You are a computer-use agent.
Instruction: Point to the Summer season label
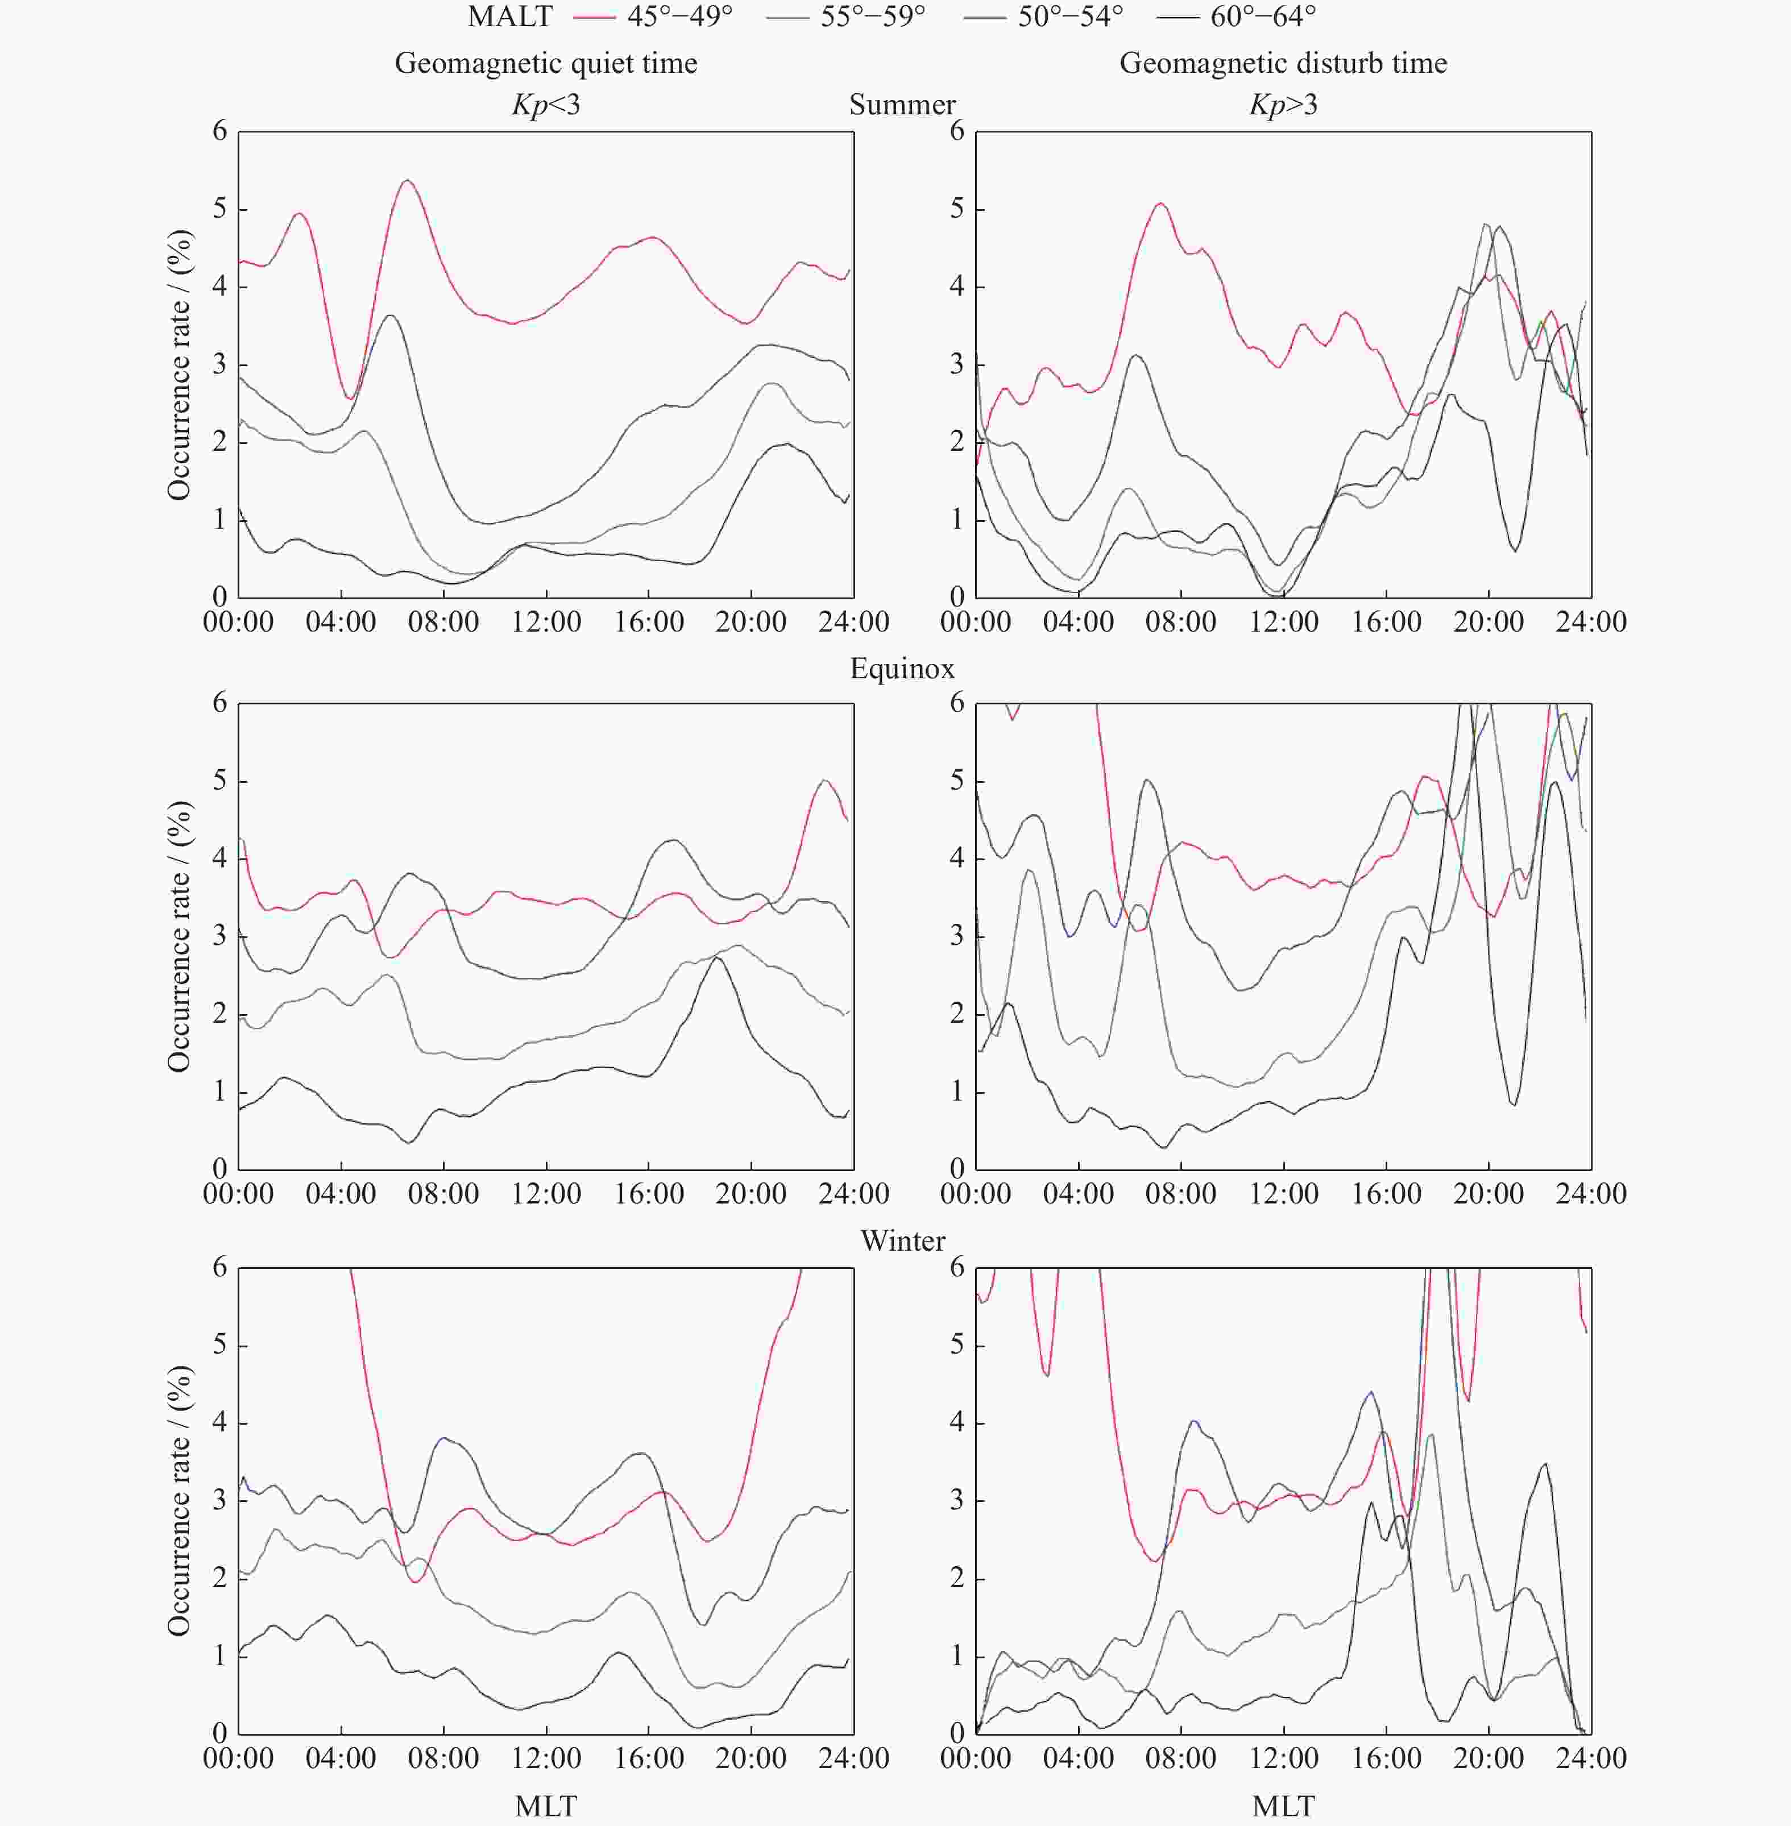902,105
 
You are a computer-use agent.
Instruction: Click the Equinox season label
902,670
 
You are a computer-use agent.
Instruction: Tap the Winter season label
902,1242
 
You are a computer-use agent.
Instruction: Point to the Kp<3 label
546,105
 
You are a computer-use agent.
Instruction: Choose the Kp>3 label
1283,105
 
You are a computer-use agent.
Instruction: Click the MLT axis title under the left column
546,1806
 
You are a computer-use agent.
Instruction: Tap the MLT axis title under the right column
1283,1806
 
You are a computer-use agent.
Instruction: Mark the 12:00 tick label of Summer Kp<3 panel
546,622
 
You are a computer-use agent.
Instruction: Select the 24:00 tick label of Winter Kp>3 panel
1591,1758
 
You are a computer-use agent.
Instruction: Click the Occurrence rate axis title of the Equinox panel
179,937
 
